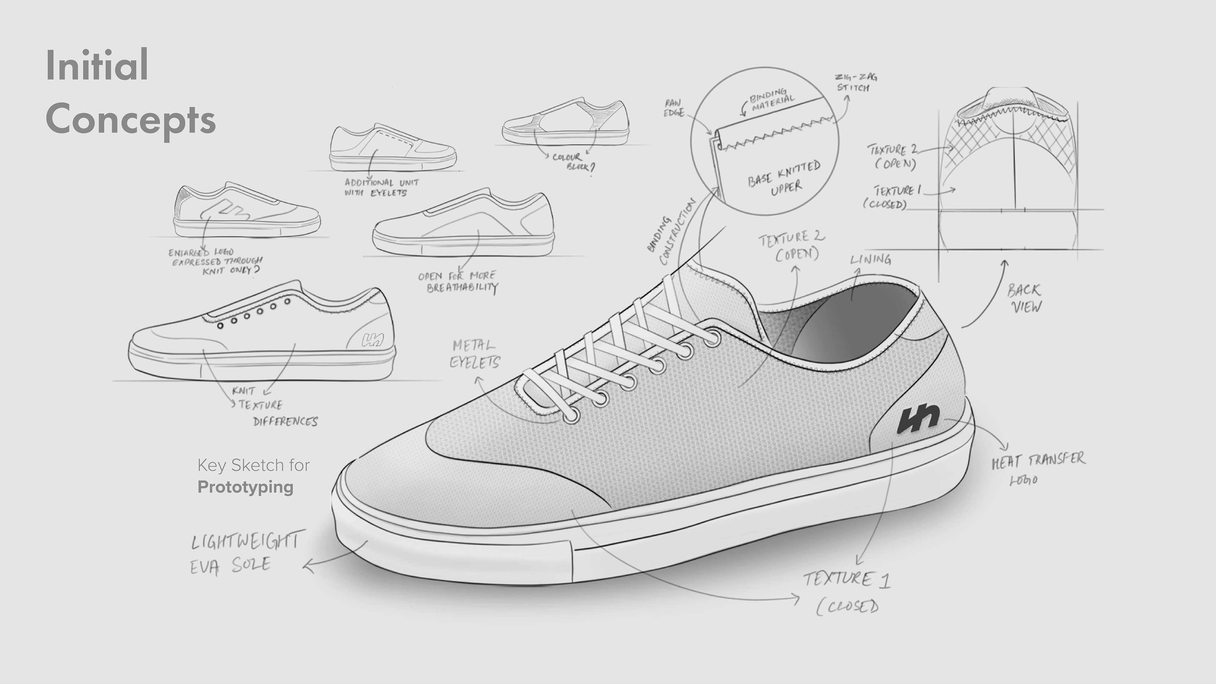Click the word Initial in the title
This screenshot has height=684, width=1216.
[97, 65]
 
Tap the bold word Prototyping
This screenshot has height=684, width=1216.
[245, 487]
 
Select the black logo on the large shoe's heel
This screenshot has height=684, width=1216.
[918, 418]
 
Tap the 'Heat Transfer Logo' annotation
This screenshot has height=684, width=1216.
[1038, 468]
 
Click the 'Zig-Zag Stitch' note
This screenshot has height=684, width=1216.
[855, 82]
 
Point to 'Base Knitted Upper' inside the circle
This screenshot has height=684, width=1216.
[784, 178]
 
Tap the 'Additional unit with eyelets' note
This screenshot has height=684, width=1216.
[381, 187]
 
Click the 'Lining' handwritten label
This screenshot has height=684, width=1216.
[871, 260]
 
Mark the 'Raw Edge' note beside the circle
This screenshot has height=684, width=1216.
[674, 108]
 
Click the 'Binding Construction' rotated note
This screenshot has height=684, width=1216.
[670, 232]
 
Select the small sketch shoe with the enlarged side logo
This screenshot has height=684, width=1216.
[246, 211]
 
